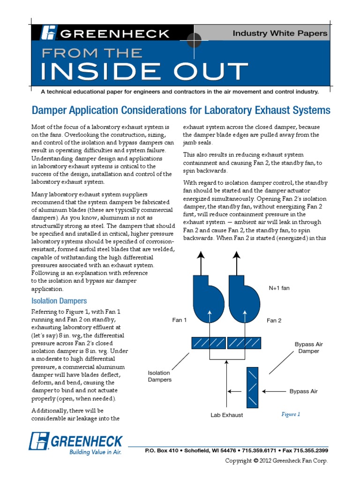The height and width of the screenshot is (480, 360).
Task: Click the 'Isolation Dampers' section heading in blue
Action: click(59, 300)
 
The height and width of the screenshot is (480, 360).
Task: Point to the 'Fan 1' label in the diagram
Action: click(179, 321)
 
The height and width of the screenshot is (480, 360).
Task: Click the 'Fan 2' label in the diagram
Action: click(274, 321)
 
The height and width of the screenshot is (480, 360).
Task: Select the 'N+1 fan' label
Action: click(279, 288)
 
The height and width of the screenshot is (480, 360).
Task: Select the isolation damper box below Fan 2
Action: click(244, 343)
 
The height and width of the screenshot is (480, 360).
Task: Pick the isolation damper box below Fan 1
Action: click(208, 343)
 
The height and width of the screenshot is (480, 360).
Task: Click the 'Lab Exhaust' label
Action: click(227, 415)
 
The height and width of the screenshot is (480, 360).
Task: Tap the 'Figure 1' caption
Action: click(290, 414)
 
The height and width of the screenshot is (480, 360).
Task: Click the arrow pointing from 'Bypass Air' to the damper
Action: click(274, 390)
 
